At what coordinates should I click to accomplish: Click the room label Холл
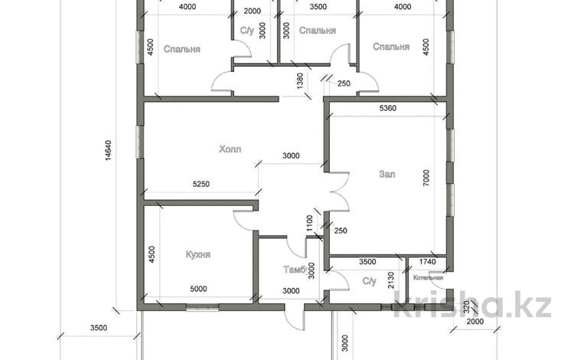click(230, 149)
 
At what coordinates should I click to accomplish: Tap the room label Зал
click(387, 174)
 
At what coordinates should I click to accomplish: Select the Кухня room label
click(198, 254)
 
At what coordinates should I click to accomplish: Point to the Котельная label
click(428, 277)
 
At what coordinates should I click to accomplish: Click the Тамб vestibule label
click(295, 270)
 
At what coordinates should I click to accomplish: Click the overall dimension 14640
click(109, 151)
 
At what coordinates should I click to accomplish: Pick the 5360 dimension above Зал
click(388, 108)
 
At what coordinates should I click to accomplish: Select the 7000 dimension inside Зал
click(426, 178)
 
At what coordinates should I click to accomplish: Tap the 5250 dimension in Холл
click(201, 184)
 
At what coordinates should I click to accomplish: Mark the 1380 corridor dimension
click(300, 81)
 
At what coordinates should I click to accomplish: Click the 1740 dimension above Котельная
click(427, 261)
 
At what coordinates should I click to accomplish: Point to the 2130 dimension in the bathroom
click(390, 280)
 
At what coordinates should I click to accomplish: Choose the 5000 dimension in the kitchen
click(198, 289)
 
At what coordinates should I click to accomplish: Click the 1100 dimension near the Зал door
click(309, 223)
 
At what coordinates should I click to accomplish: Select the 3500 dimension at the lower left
click(99, 328)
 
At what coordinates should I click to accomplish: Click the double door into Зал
click(338, 191)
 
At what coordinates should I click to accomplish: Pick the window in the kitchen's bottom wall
click(202, 308)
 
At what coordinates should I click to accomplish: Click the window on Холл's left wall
click(139, 142)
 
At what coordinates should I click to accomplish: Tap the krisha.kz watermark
click(472, 303)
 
